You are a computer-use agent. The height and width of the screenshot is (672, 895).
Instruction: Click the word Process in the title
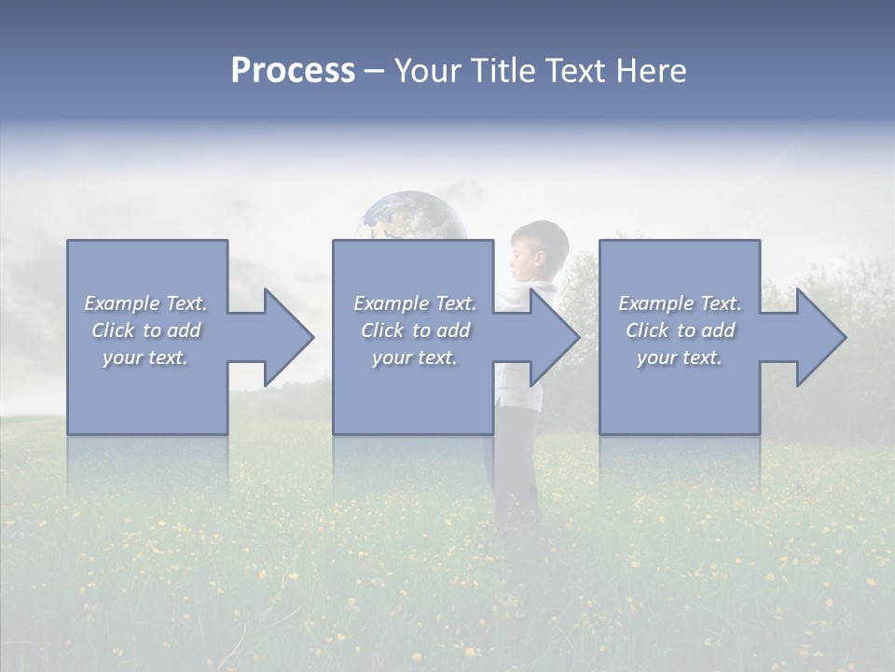[x=293, y=71]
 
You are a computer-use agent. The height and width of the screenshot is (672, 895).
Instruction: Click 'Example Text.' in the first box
[x=145, y=303]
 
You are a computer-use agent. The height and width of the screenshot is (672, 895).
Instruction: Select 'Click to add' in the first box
[x=145, y=330]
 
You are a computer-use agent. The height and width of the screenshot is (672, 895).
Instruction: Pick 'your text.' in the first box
[x=145, y=357]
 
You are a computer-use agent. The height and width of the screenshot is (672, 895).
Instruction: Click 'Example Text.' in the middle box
[x=414, y=303]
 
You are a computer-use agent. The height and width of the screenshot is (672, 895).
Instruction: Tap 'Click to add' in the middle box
[x=414, y=330]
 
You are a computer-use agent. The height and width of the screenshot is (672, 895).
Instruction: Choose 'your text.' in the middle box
[x=414, y=357]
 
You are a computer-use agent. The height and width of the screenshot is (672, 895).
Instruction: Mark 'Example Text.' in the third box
[x=680, y=303]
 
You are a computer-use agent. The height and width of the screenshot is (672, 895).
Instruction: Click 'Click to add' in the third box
[x=680, y=330]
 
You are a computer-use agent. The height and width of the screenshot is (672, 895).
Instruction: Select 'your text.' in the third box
[x=680, y=357]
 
